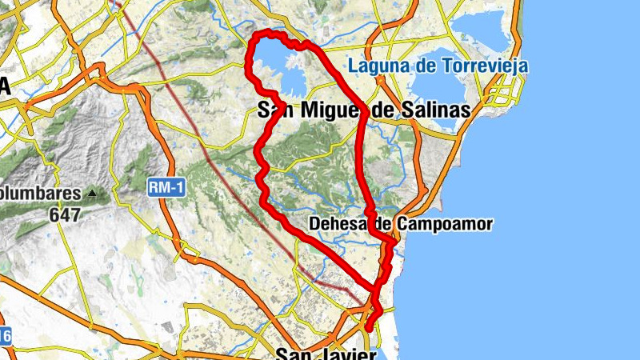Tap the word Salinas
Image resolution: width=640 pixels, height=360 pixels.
coord(431,111)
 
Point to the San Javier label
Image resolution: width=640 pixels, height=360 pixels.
coord(326,354)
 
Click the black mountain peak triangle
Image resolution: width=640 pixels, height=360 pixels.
coord(94,194)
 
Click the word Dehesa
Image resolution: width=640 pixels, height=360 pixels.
coord(338,224)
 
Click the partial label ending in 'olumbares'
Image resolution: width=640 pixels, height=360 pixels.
coord(40,194)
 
